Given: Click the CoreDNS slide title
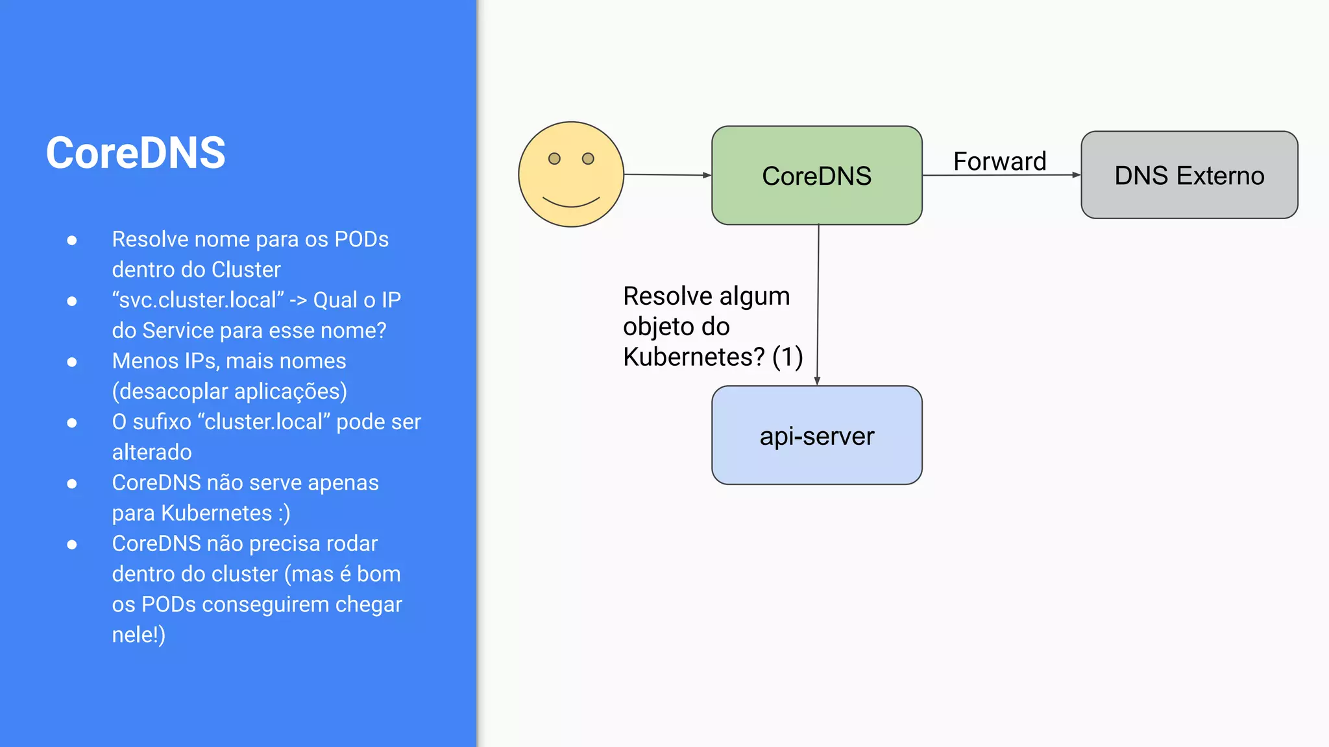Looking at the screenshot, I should point(136,153).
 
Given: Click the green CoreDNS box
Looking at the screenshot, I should point(816,176).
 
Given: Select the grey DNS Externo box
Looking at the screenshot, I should point(1189,176).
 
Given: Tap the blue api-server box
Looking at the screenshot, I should point(816,436).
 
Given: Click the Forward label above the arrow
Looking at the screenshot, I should point(999,161).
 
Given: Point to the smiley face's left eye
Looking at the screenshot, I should point(554,159).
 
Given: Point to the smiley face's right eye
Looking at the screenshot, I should point(588,159).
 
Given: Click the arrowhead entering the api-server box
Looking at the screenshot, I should point(817,381).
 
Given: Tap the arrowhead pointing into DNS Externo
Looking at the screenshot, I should point(1076,174).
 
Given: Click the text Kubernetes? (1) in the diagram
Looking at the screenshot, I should point(713,357).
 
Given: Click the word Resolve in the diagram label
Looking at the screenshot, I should point(668,296).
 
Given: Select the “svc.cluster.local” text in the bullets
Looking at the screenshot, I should point(198,300).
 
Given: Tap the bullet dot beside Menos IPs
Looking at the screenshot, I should point(72,362).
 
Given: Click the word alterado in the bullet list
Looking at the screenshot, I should point(152,452).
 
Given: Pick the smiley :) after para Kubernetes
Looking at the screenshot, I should point(284,513).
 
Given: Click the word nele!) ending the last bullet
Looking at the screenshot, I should point(138,634).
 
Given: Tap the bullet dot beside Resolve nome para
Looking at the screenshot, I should point(72,241).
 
